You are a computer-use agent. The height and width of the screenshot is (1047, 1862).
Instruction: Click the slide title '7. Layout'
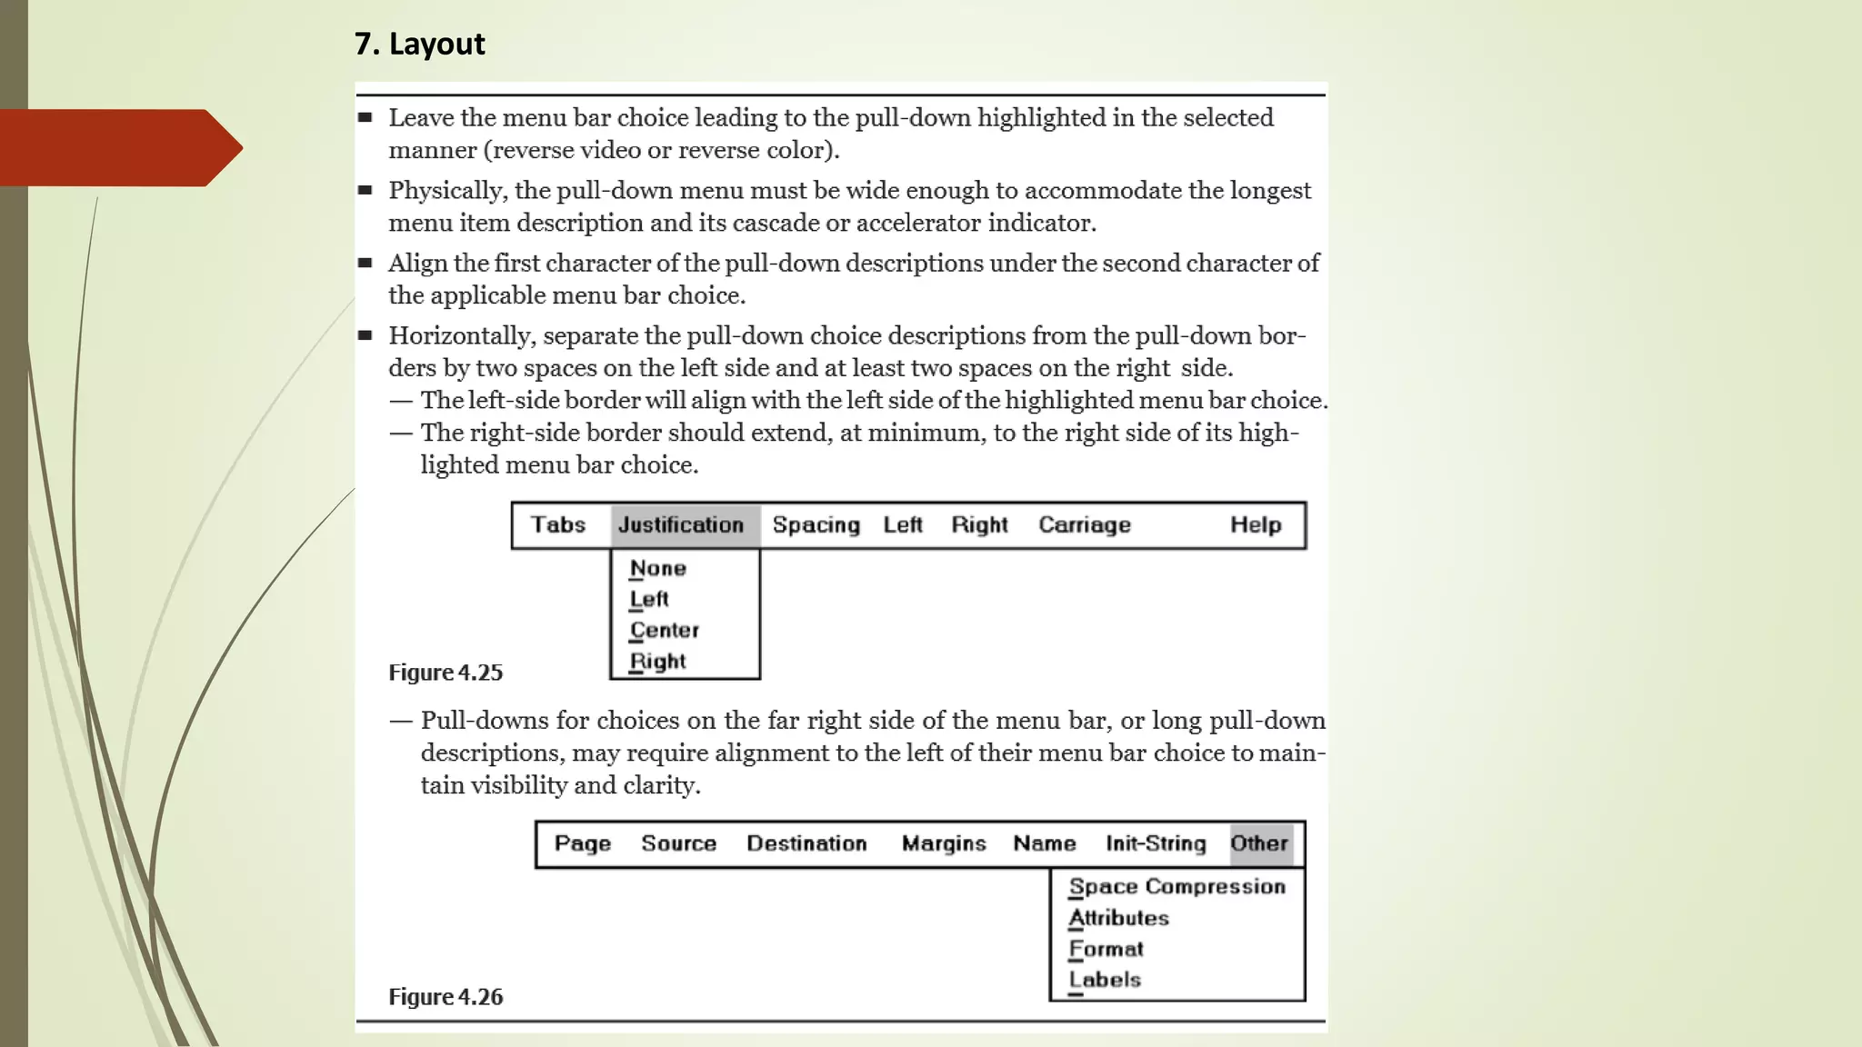pyautogui.click(x=419, y=44)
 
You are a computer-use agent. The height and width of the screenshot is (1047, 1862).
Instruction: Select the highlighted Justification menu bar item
pyautogui.click(x=682, y=525)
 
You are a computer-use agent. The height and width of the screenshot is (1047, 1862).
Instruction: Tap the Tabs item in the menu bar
pyautogui.click(x=558, y=525)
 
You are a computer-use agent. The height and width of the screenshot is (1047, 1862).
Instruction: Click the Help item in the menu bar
pyautogui.click(x=1256, y=525)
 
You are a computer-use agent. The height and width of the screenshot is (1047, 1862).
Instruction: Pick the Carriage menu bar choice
pyautogui.click(x=1085, y=525)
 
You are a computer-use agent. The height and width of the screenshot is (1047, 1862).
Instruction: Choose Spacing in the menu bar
pyautogui.click(x=816, y=525)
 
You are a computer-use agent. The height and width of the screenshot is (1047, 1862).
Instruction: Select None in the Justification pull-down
pyautogui.click(x=658, y=569)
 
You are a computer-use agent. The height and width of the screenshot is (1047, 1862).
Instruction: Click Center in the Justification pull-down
pyautogui.click(x=665, y=631)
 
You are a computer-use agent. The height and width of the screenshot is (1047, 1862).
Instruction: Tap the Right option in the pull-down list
pyautogui.click(x=658, y=662)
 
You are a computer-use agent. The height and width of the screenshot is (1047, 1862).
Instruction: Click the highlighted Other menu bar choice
pyautogui.click(x=1259, y=843)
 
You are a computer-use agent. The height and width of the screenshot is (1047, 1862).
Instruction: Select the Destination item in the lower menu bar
pyautogui.click(x=806, y=843)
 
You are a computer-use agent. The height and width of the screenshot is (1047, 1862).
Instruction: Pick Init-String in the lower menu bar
pyautogui.click(x=1156, y=843)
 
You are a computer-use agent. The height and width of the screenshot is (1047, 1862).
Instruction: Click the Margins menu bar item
pyautogui.click(x=944, y=843)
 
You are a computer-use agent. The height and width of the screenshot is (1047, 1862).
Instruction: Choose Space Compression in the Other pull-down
pyautogui.click(x=1177, y=887)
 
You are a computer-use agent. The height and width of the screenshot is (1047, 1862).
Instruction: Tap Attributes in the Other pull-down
pyautogui.click(x=1119, y=918)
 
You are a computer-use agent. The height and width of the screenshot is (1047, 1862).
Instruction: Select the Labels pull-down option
pyautogui.click(x=1106, y=980)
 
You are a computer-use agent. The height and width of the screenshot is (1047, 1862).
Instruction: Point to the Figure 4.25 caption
pyautogui.click(x=445, y=673)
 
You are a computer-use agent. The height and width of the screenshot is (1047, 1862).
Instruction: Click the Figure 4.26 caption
pyautogui.click(x=445, y=997)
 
